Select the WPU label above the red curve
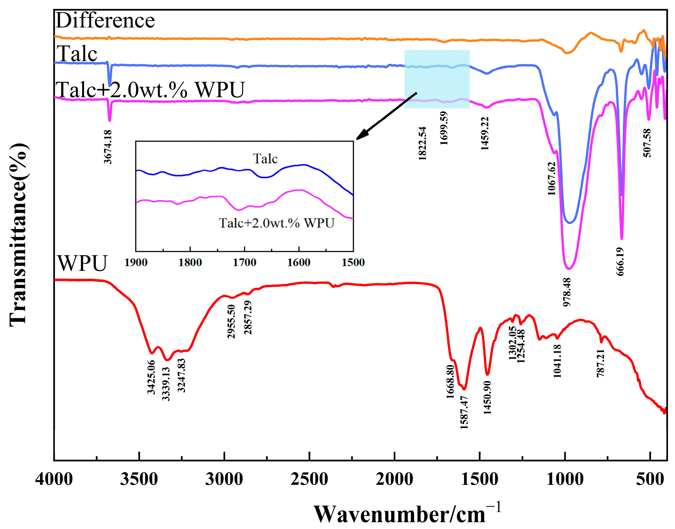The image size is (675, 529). (x=82, y=263)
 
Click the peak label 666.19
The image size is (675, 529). (x=620, y=262)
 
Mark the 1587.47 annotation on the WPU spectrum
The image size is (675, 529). (x=464, y=412)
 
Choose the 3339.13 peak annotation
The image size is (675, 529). (x=166, y=384)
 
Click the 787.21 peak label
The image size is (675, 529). (x=600, y=363)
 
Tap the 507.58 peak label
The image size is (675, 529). (x=647, y=143)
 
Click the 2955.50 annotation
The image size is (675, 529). (x=231, y=322)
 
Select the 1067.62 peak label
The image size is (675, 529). (x=552, y=179)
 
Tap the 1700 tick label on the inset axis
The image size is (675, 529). (x=244, y=263)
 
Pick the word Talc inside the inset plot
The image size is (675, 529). (x=265, y=159)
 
